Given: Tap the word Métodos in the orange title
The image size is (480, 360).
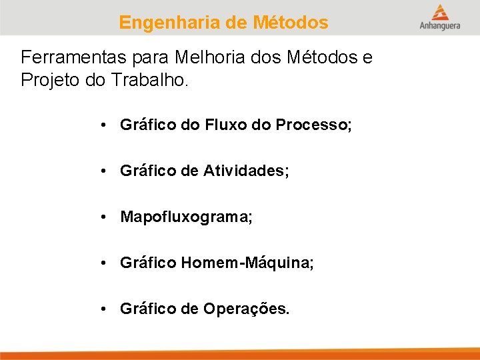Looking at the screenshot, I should click(291, 23).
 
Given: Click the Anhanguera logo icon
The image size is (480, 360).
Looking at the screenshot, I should click(439, 12).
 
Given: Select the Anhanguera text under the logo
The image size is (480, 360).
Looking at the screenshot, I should click(439, 27).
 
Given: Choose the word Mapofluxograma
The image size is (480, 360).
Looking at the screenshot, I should click(186, 217).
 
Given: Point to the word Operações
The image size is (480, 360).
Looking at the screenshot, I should click(247, 309).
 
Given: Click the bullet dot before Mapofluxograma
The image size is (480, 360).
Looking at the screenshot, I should click(104, 217).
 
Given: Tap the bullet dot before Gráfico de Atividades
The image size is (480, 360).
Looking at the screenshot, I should click(104, 171).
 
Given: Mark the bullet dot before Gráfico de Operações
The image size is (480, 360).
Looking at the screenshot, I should click(104, 309).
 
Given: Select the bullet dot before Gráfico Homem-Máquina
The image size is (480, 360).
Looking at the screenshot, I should click(104, 263).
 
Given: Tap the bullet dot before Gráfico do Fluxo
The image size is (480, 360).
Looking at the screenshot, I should click(104, 125).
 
